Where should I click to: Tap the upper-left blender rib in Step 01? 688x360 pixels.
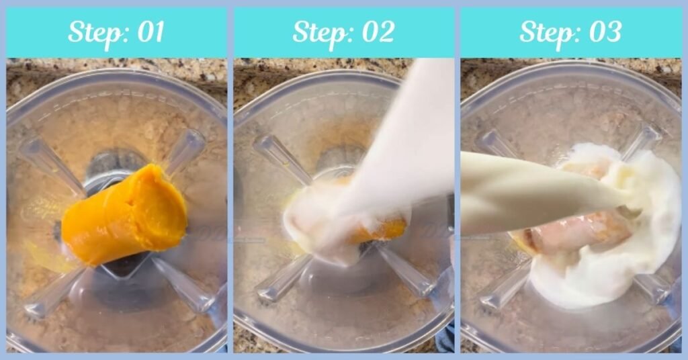50,165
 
